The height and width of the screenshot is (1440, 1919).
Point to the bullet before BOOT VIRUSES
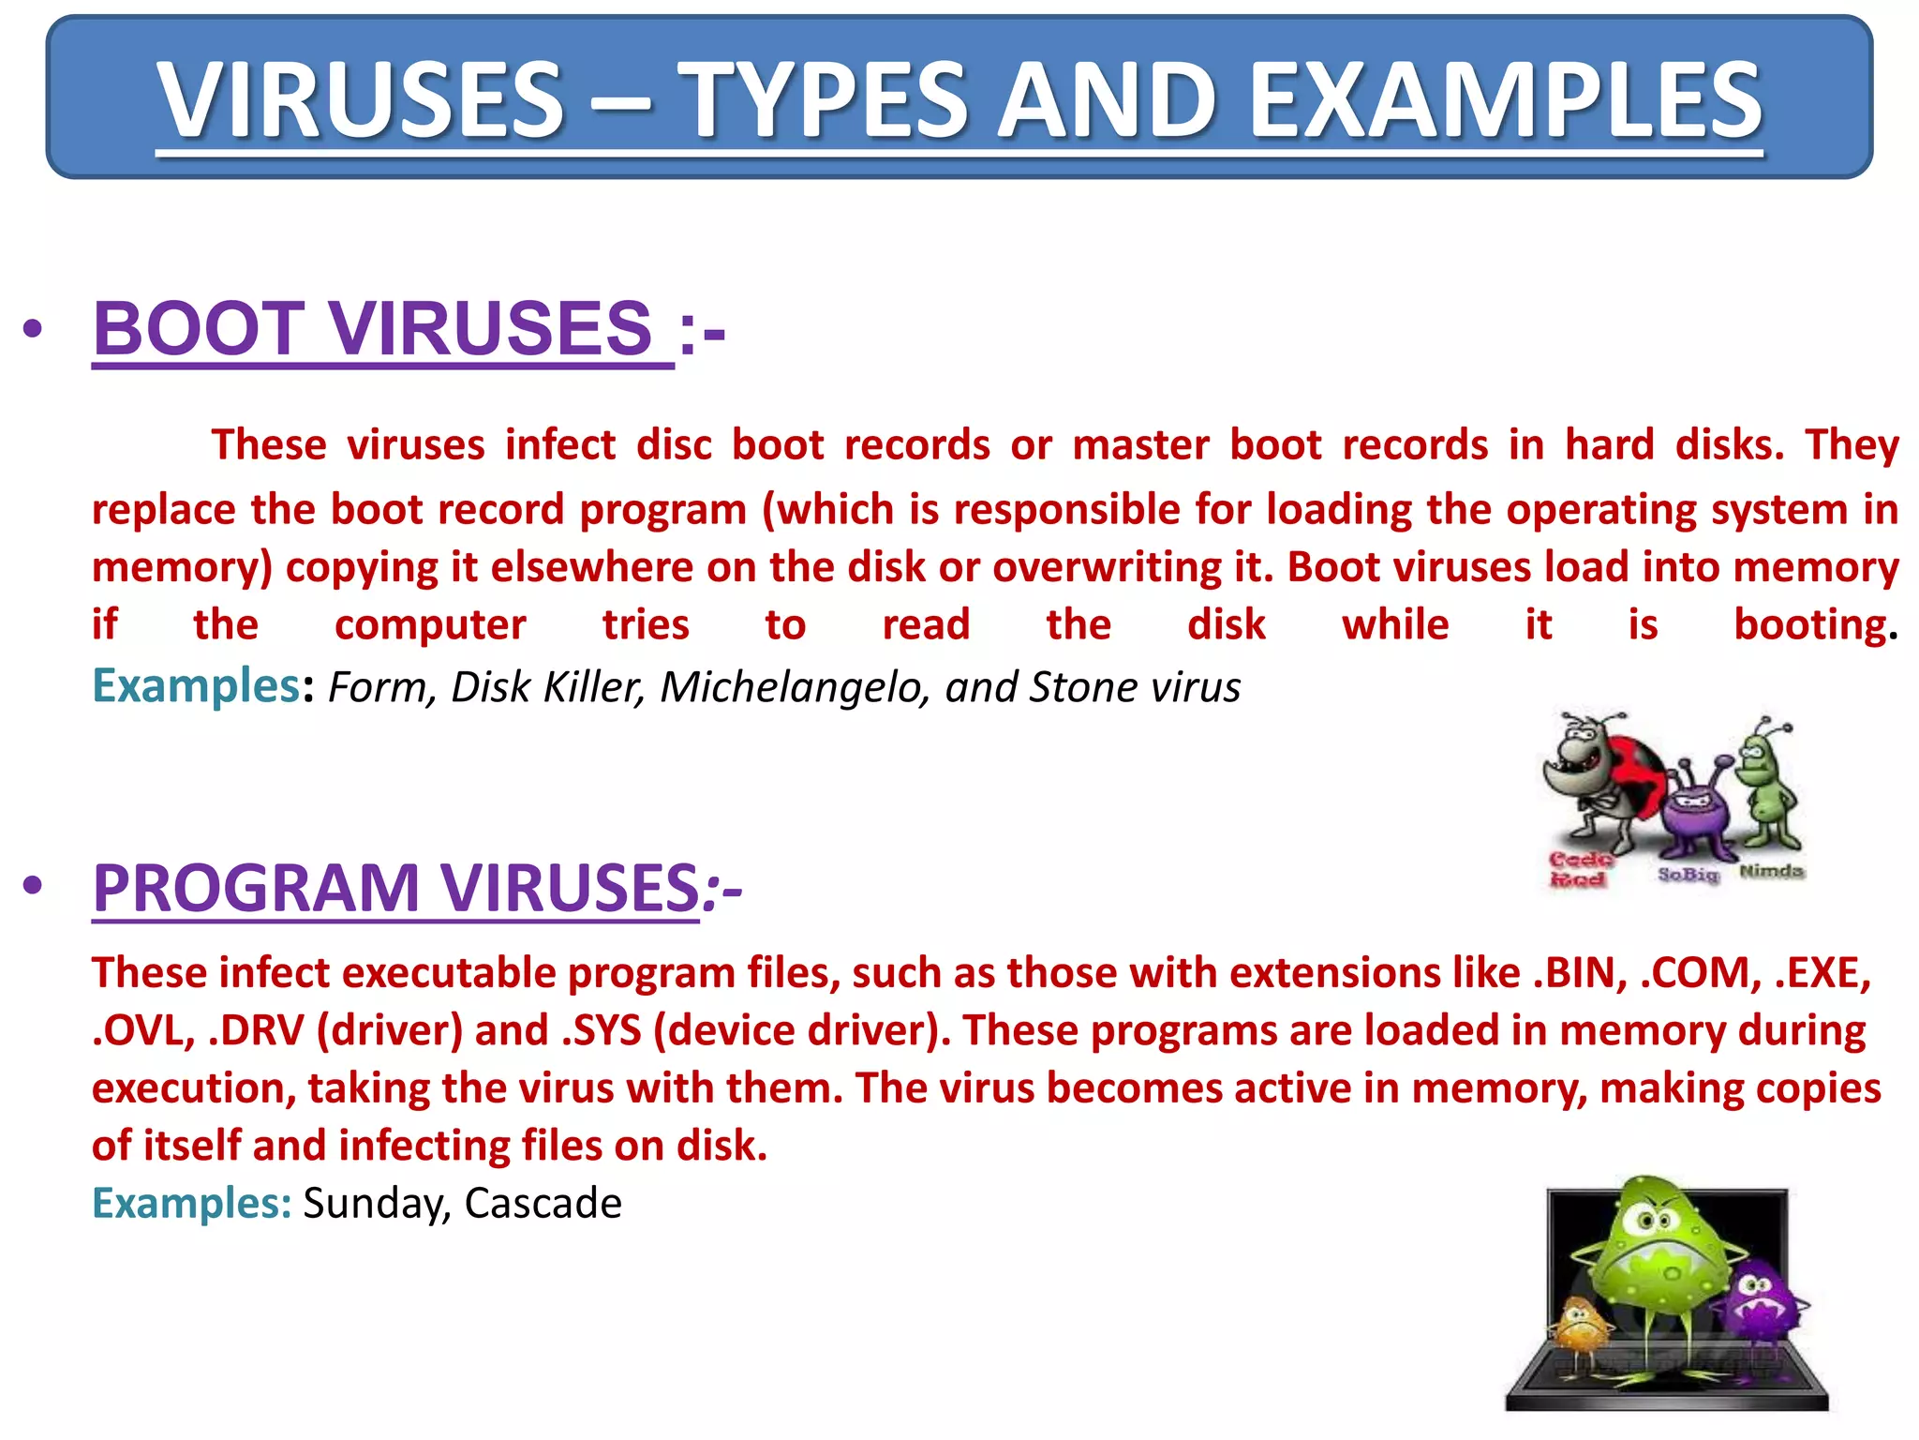click(x=34, y=329)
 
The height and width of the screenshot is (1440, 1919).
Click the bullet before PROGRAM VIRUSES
click(x=34, y=886)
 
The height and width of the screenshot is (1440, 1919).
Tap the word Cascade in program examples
click(x=543, y=1203)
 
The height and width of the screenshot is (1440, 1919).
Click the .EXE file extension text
click(x=1822, y=973)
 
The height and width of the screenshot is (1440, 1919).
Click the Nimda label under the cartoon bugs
click(x=1771, y=871)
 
